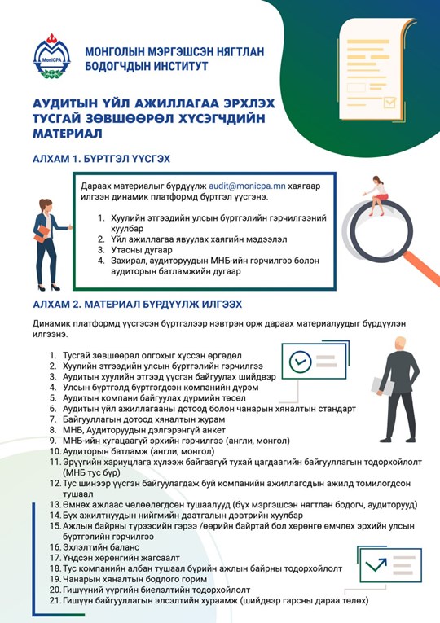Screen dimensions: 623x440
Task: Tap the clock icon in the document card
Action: point(301,359)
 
